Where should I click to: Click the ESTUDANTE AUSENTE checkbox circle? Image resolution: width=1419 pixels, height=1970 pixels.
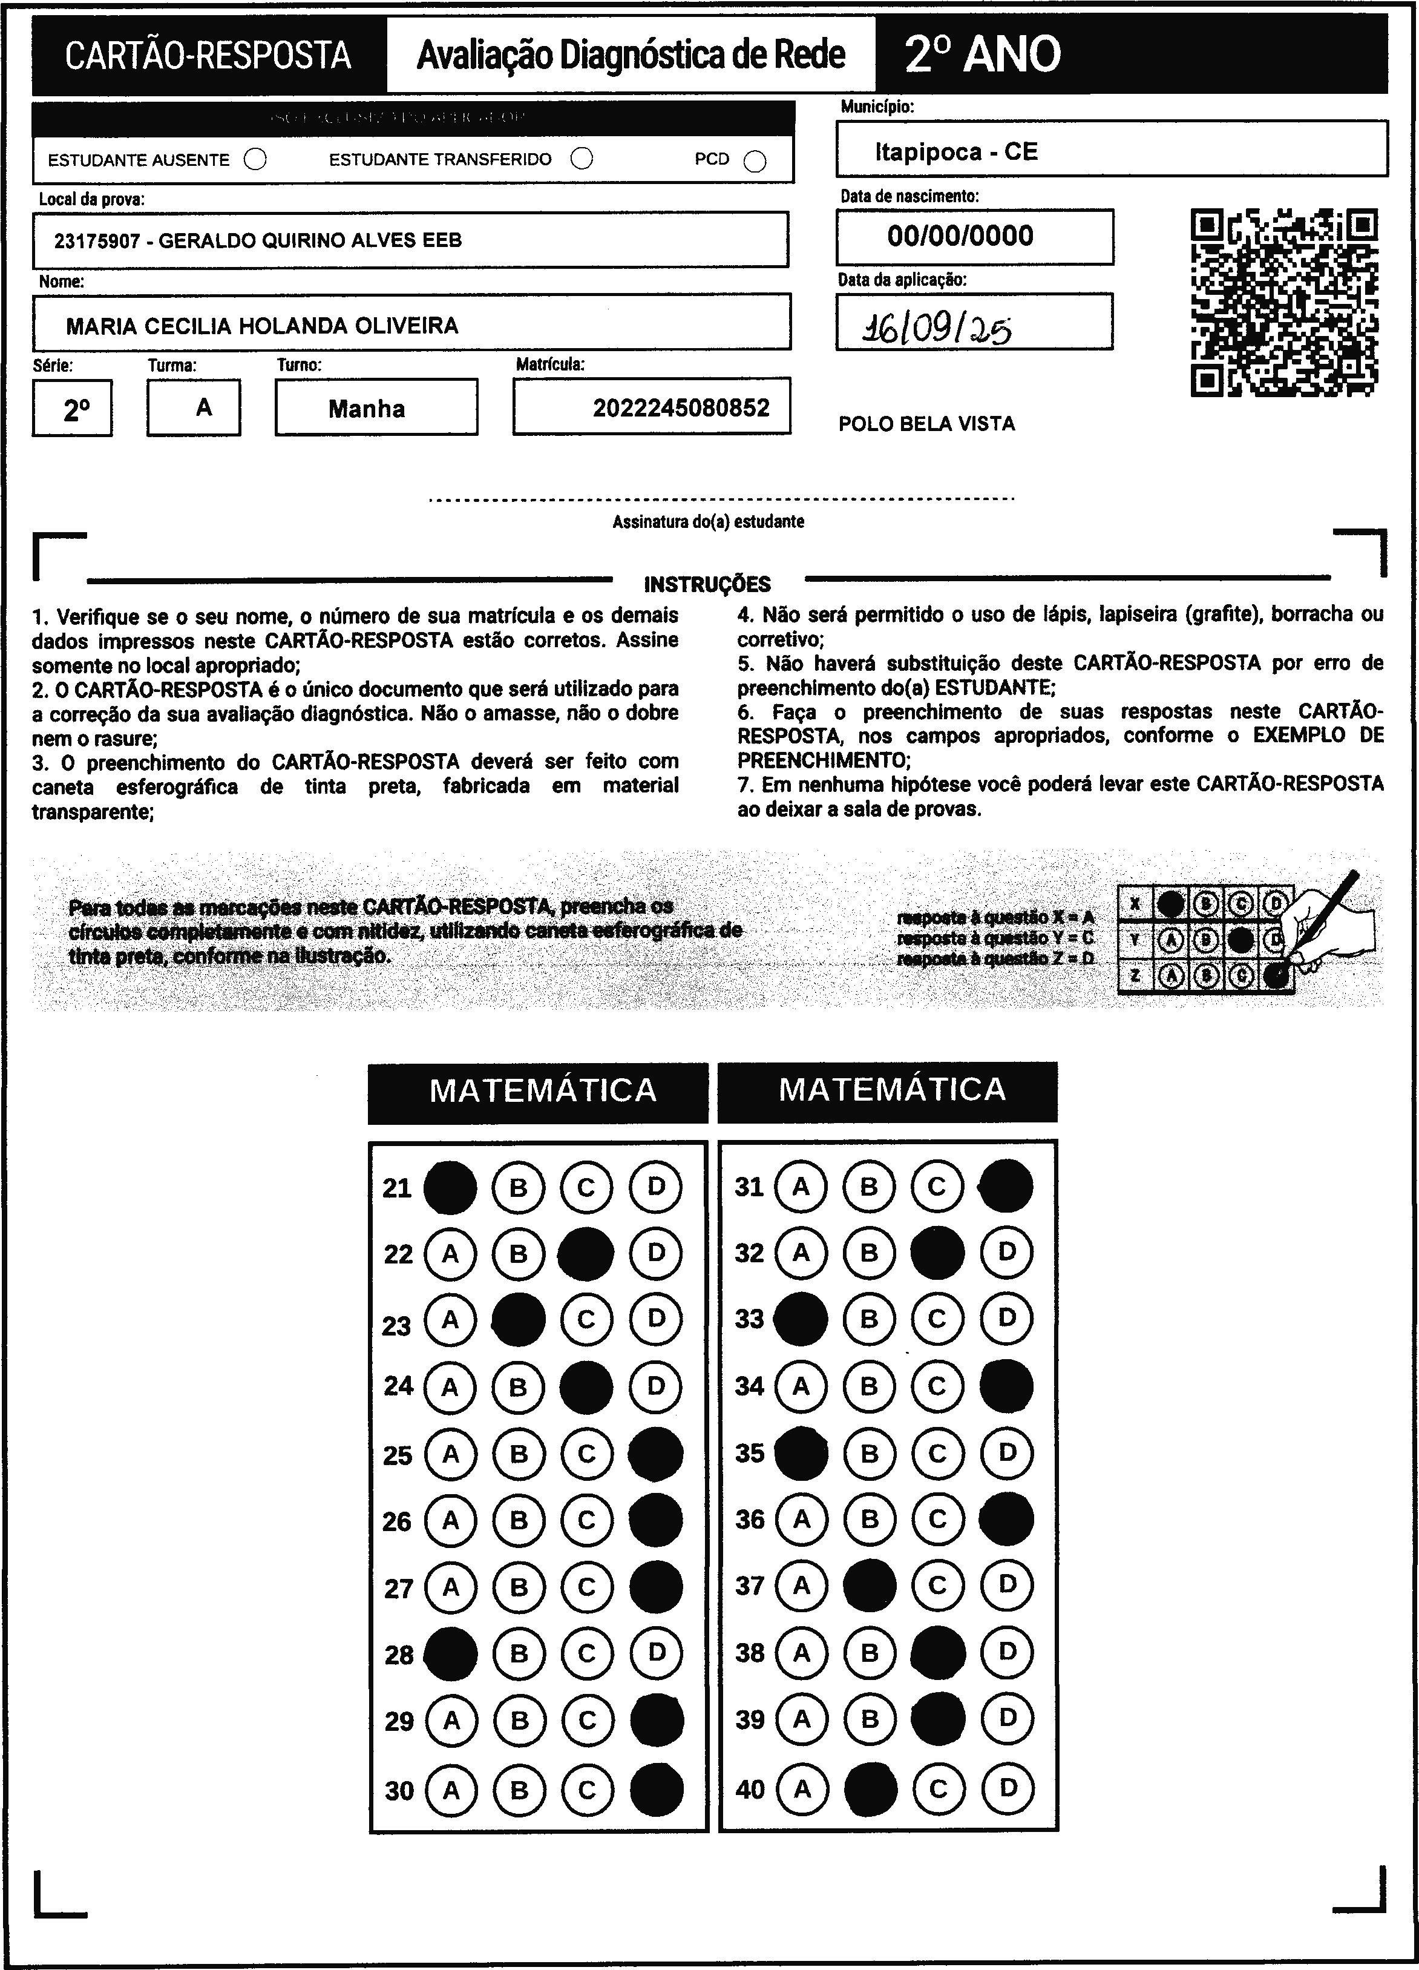pos(255,160)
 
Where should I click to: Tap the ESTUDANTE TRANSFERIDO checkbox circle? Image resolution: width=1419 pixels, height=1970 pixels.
pos(582,159)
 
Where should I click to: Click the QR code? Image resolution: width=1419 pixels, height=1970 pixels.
pos(1283,302)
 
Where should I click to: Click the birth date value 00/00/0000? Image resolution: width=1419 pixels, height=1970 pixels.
pos(960,236)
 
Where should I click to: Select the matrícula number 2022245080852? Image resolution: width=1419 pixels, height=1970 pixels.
pos(681,407)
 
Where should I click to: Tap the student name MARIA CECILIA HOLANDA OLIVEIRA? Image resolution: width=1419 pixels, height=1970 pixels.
pos(262,326)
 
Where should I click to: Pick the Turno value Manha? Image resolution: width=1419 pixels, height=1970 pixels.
pos(367,408)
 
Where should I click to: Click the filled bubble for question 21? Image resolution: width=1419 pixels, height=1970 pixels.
pos(450,1187)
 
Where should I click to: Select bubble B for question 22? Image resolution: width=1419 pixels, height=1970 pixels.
pos(519,1253)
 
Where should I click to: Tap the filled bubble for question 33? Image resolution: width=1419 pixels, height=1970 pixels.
pos(800,1319)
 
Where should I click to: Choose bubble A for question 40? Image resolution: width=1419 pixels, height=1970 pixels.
pos(802,1788)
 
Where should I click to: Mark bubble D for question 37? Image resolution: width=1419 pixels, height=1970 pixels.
pos(1006,1585)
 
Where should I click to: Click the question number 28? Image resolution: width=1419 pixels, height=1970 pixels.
pos(399,1655)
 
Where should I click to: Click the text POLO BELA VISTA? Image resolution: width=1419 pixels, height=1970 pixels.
pos(926,424)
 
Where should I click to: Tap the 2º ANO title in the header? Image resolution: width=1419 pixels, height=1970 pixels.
pos(982,54)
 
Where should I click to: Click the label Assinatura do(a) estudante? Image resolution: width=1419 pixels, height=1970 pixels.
pos(708,522)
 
